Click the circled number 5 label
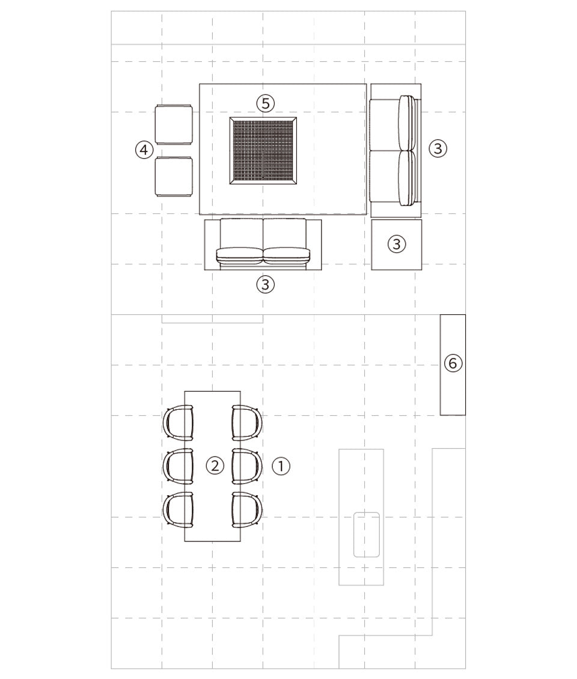(x=266, y=103)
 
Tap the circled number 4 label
(x=144, y=150)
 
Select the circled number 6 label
(x=453, y=363)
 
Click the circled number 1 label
(x=281, y=466)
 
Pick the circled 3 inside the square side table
(x=396, y=244)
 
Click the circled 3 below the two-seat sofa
(x=266, y=284)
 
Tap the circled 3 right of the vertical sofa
(x=438, y=148)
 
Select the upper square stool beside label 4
(x=174, y=124)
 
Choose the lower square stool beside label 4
(x=174, y=177)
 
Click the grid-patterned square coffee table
(x=263, y=151)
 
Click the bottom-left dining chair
(x=178, y=510)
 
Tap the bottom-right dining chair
(x=247, y=510)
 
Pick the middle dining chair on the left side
(x=178, y=466)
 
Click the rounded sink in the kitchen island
(x=367, y=535)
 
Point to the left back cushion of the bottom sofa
(x=240, y=255)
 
